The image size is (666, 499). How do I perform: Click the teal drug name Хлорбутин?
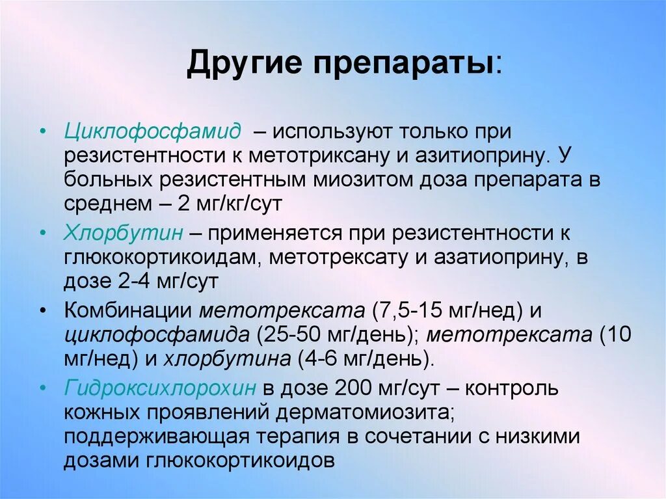(124, 233)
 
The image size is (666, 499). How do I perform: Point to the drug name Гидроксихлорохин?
(160, 388)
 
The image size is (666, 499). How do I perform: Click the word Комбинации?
(127, 310)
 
